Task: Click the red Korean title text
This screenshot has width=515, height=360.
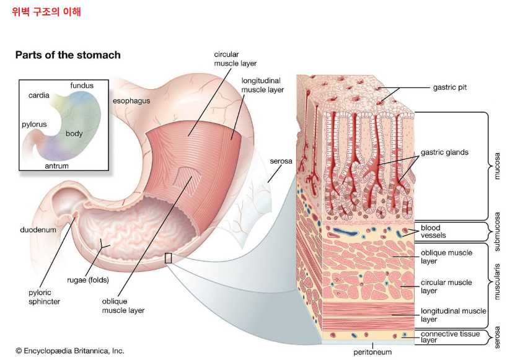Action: (46, 12)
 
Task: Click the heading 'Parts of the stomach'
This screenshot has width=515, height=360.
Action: (68, 55)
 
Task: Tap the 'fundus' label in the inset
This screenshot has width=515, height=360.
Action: (82, 86)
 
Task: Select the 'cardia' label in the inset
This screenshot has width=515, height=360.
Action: (39, 95)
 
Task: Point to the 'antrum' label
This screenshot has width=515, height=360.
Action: (57, 166)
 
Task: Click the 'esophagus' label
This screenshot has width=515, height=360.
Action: (131, 101)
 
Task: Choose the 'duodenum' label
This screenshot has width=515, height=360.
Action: (38, 230)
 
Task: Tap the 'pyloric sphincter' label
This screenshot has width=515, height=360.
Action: (45, 297)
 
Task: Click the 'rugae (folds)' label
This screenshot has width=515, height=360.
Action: (88, 280)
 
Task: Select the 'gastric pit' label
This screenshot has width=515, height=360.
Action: (450, 87)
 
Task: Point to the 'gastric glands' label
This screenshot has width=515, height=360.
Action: (444, 152)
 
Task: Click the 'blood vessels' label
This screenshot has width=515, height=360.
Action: (433, 232)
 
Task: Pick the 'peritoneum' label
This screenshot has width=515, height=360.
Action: (372, 352)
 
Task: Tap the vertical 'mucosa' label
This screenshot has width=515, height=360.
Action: (497, 166)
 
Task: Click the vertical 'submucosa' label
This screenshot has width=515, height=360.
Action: (497, 232)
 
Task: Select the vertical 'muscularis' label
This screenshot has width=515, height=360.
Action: (497, 281)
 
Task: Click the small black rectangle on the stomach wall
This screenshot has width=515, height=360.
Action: (168, 258)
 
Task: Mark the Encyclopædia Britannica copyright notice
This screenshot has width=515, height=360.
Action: (70, 351)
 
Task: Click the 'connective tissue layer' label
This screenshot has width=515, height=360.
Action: (451, 337)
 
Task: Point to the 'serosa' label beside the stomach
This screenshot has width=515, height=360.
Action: (281, 161)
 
